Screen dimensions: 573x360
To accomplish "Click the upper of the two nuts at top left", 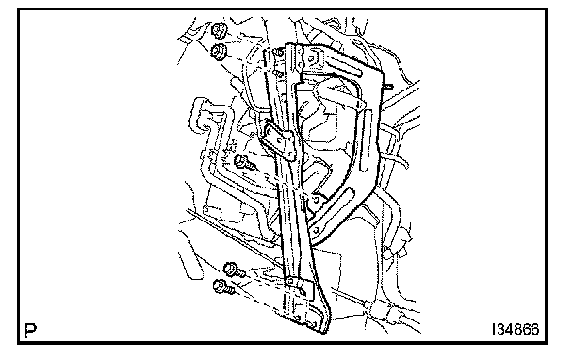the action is [220, 30].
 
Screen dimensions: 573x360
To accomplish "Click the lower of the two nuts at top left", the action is [219, 51].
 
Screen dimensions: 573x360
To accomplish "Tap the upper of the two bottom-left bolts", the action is [234, 270].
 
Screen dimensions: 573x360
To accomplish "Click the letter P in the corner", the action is [30, 330].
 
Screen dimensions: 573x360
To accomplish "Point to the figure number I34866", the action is [516, 329].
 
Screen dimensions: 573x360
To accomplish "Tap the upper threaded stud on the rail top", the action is [279, 52].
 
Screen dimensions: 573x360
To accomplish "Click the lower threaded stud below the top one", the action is [278, 74].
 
